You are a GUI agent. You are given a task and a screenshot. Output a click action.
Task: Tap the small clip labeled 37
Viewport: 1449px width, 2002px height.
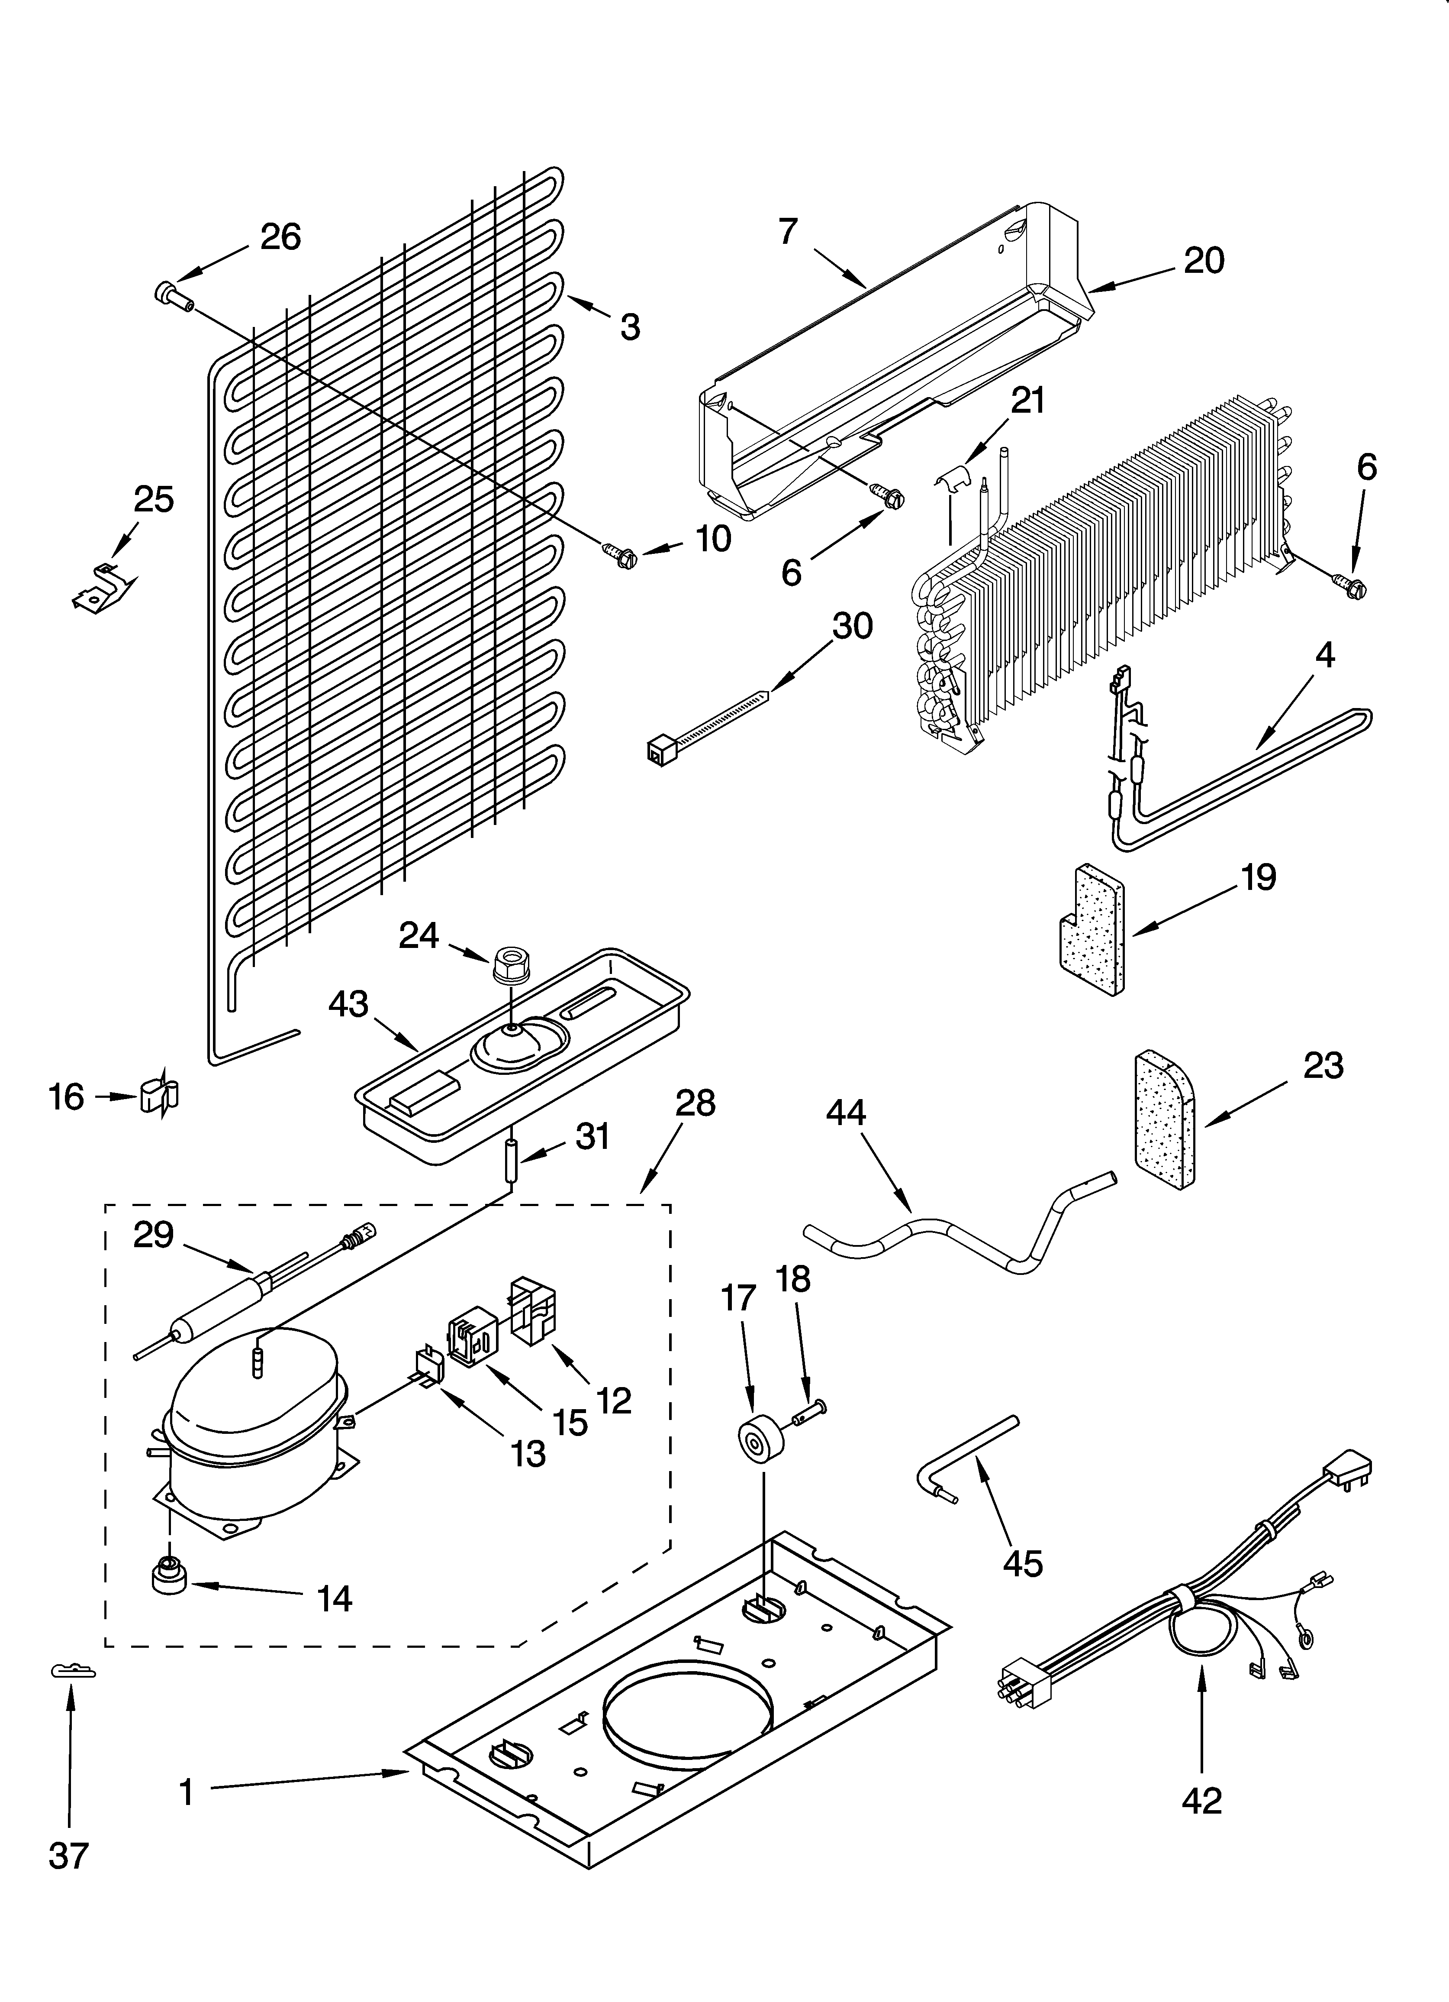click(x=72, y=1671)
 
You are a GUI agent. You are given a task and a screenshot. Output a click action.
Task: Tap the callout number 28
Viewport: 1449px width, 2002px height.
click(x=695, y=1103)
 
